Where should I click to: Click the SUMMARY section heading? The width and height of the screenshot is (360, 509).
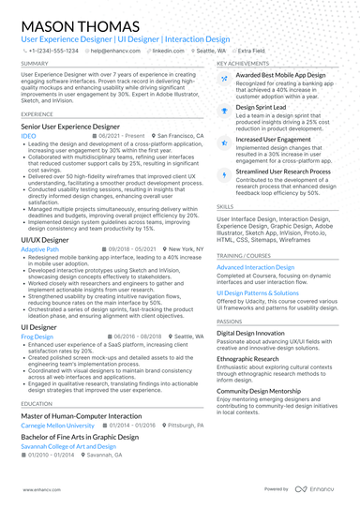[x=35, y=64]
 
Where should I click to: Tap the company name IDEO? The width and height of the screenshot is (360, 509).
[x=28, y=136]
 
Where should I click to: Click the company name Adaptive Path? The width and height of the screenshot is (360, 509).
[x=39, y=249]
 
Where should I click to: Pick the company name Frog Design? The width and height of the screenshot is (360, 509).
[x=37, y=336]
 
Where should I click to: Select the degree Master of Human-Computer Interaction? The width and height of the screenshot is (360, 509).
[x=81, y=414]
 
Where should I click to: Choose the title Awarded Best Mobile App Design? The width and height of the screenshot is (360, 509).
[x=280, y=74]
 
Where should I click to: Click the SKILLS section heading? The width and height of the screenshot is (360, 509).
[x=225, y=205]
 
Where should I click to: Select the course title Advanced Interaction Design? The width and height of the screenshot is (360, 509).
[x=255, y=267]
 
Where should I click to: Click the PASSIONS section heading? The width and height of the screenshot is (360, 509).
[x=230, y=322]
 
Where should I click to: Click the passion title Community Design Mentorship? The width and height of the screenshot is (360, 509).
[x=272, y=390]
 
